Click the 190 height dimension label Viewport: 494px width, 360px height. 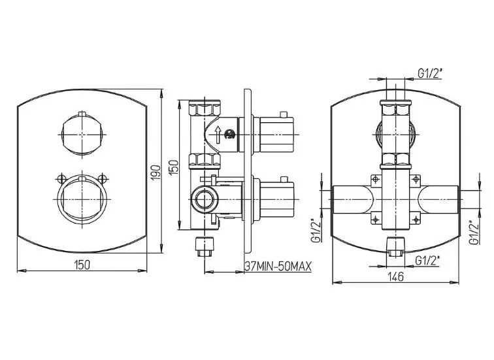tap(156, 172)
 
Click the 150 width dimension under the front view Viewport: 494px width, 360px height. tap(82, 265)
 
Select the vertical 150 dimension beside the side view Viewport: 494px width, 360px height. tap(174, 167)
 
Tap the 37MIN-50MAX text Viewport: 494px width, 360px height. tap(278, 267)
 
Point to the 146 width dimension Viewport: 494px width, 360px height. tap(396, 277)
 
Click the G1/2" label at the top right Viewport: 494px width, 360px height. tap(430, 73)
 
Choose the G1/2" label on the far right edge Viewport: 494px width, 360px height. tap(474, 232)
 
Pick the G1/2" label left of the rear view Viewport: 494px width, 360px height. tap(316, 230)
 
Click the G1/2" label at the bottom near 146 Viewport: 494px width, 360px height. tap(427, 261)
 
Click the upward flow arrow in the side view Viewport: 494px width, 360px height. tap(218, 135)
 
